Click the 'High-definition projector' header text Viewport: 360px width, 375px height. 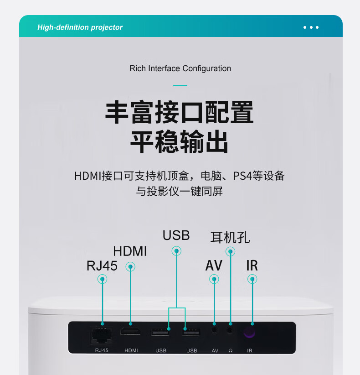pyautogui.click(x=80, y=27)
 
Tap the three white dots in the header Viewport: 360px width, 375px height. pyautogui.click(x=311, y=27)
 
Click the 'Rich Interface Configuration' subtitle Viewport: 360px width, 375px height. pyautogui.click(x=180, y=68)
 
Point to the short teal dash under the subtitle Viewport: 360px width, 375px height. pyautogui.click(x=180, y=85)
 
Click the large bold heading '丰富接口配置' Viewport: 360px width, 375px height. pyautogui.click(x=180, y=113)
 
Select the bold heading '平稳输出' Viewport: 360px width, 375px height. pyautogui.click(x=180, y=142)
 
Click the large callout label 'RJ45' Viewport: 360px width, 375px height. pyautogui.click(x=102, y=266)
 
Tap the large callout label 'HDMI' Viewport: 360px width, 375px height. pyautogui.click(x=130, y=251)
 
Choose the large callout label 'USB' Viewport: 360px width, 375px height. pyautogui.click(x=176, y=235)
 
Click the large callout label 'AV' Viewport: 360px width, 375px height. pyautogui.click(x=214, y=266)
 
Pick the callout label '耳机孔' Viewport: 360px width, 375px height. pyautogui.click(x=230, y=238)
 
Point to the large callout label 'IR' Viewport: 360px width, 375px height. pyautogui.click(x=252, y=266)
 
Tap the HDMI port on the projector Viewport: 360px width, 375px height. pyautogui.click(x=130, y=331)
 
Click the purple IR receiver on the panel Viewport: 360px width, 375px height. pyautogui.click(x=249, y=332)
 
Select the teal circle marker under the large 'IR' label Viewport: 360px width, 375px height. pyautogui.click(x=252, y=279)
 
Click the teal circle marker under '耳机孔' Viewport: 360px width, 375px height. pyautogui.click(x=231, y=251)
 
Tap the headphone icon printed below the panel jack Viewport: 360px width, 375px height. pyautogui.click(x=231, y=350)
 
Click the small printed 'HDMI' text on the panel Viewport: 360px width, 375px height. pyautogui.click(x=131, y=350)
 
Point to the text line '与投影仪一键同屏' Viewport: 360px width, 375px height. pyautogui.click(x=180, y=191)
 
